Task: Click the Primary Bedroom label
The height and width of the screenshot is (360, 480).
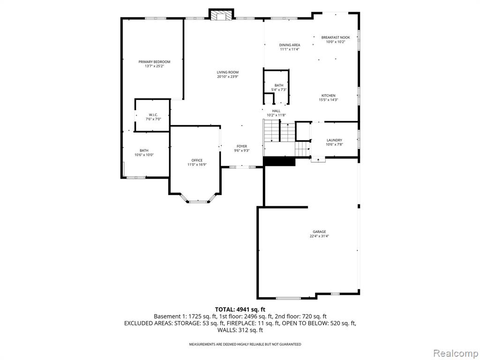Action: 154,62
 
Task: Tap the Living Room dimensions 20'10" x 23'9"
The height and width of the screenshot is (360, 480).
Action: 227,77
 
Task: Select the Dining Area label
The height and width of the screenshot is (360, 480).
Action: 290,45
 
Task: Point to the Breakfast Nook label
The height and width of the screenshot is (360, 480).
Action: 336,37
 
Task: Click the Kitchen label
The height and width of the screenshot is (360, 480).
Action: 329,96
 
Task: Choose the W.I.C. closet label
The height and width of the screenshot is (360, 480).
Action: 153,115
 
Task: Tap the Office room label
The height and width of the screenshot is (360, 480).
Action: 197,160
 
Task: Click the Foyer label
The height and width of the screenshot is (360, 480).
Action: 242,146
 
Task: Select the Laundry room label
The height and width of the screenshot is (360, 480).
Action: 334,140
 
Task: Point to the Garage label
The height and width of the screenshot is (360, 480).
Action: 319,232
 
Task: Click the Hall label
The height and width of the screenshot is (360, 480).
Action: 276,111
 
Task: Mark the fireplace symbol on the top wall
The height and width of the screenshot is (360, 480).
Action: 222,16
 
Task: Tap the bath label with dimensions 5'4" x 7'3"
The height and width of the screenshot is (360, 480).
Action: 279,85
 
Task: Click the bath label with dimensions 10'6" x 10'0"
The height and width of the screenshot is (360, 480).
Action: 144,150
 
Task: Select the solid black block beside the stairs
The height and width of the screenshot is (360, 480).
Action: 279,161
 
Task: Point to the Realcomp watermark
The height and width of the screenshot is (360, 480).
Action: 455,353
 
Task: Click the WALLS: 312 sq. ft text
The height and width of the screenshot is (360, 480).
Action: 240,330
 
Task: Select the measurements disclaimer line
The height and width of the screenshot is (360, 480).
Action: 245,345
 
